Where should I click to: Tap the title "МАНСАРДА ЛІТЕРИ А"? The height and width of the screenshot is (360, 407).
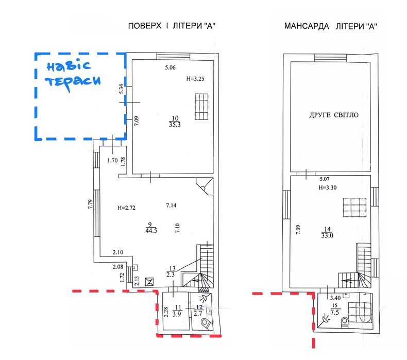coord(330,26)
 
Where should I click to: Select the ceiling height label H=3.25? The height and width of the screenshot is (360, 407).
coord(195,79)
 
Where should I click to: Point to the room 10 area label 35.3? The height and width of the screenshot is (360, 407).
coord(175,125)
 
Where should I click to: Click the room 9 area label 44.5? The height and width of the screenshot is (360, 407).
coord(151,231)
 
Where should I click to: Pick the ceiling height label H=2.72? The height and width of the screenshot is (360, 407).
coord(126,208)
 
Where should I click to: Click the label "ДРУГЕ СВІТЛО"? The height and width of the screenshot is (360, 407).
coord(333,115)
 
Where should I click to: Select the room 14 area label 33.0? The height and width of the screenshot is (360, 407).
coord(327,236)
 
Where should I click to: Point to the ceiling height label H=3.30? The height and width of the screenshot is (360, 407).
coord(328,187)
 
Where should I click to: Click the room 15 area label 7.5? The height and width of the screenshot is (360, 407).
coord(335,312)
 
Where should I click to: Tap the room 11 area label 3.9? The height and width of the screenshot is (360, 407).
coord(177,314)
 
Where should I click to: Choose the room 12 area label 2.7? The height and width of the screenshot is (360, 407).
coord(198,314)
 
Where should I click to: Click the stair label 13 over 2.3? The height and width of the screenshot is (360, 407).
coord(171,271)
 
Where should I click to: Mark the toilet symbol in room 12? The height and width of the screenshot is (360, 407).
coord(207,323)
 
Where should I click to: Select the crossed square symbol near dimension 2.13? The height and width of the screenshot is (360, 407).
coord(149,282)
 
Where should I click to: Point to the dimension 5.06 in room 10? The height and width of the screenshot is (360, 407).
coord(171,67)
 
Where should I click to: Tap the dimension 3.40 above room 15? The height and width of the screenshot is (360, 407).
coord(335,298)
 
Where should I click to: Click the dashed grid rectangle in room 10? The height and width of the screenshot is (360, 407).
coord(201,107)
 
